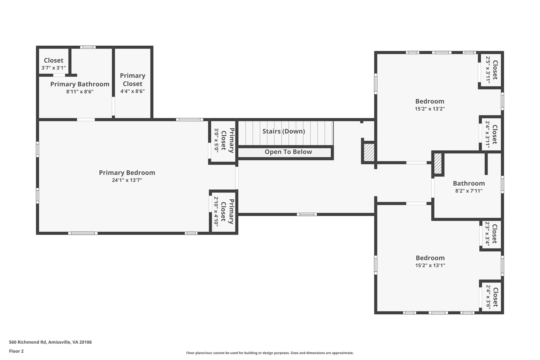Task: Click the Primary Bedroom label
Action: click(x=127, y=173)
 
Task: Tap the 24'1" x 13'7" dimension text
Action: click(x=127, y=180)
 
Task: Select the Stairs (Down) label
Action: click(x=284, y=131)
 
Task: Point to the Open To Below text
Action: click(x=288, y=152)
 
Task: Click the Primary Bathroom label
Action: click(x=80, y=84)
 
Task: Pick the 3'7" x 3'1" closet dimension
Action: click(x=54, y=68)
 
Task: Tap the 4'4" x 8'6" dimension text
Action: click(x=133, y=91)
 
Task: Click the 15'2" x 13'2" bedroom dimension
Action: click(x=430, y=109)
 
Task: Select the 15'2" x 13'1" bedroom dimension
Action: click(x=430, y=265)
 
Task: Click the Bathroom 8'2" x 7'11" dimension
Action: click(x=469, y=191)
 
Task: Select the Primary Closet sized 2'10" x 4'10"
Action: click(x=223, y=212)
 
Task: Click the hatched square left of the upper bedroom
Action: click(x=369, y=152)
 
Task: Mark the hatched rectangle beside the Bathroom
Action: click(x=438, y=164)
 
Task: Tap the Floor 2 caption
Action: click(x=16, y=351)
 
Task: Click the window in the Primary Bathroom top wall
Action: click(x=88, y=47)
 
